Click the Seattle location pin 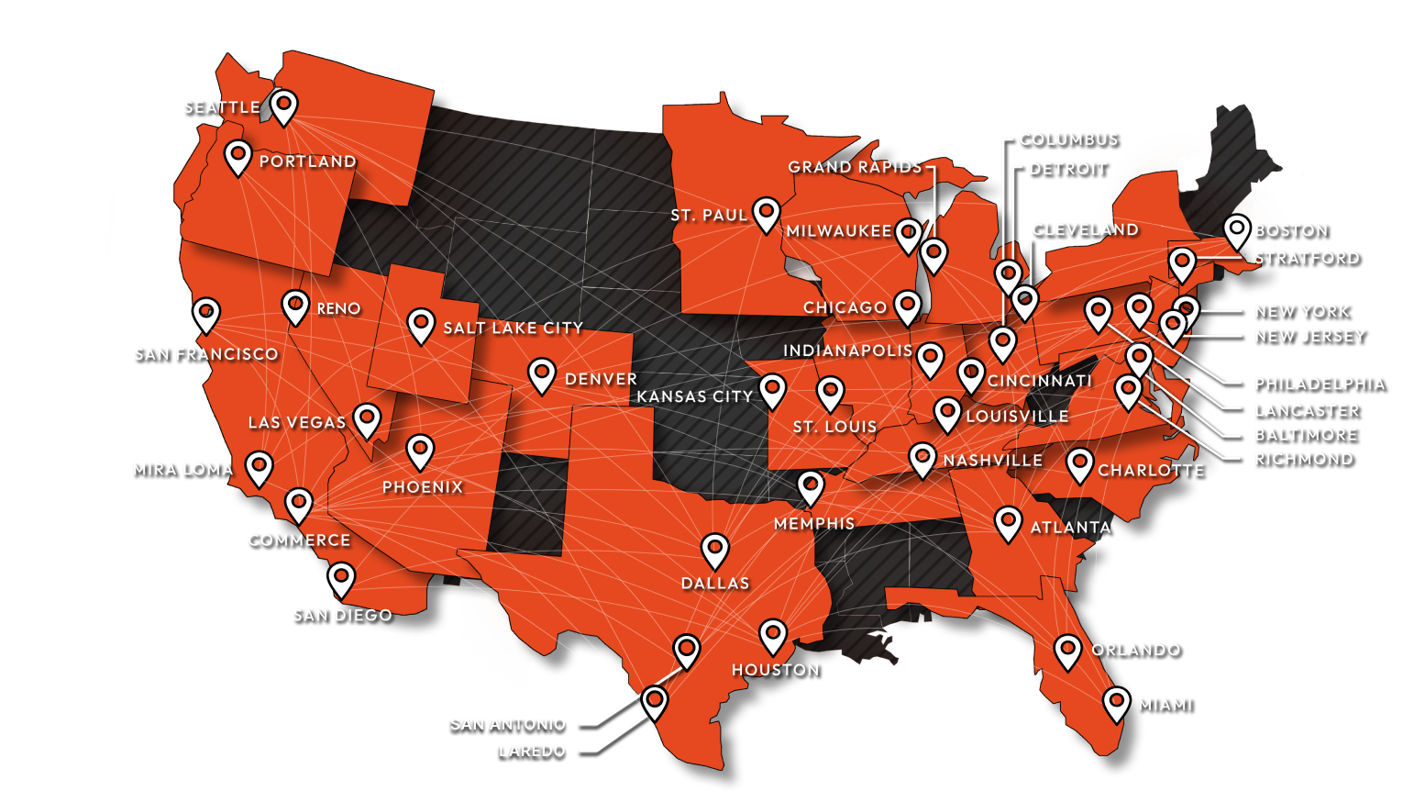283,105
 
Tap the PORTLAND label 307,162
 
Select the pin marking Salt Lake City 421,323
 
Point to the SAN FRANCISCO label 205,354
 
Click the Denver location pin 542,373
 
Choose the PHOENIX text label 423,486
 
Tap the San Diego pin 341,578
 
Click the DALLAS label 715,583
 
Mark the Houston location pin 773,634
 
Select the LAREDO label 532,751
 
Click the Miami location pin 1116,703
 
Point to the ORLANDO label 1135,650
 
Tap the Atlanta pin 1008,522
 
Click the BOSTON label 1290,230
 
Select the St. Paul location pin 767,213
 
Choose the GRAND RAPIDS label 855,167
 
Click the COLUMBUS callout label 1068,139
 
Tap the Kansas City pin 772,389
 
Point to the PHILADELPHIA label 1319,384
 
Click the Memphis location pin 811,486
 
